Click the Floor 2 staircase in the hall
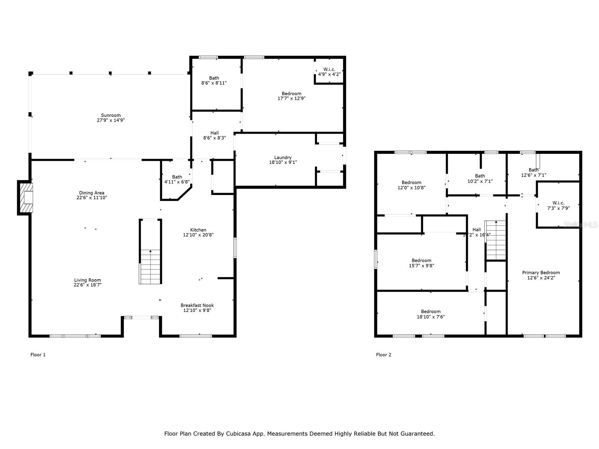[x=496, y=240]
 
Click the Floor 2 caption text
[x=383, y=355]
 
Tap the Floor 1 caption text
[x=38, y=355]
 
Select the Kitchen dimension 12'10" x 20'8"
[x=198, y=235]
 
